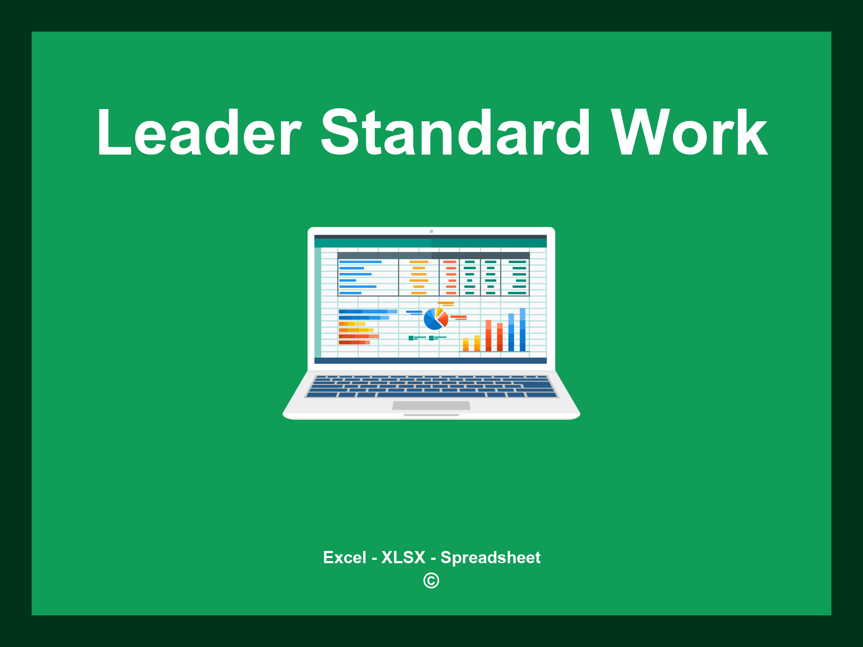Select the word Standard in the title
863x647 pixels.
tap(456, 133)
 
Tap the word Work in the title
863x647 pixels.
tap(689, 133)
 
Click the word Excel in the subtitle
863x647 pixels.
tap(344, 557)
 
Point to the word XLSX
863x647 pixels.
tap(403, 557)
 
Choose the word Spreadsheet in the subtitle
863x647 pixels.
tap(490, 557)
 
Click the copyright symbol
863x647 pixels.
tap(431, 580)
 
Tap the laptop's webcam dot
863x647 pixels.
tap(431, 231)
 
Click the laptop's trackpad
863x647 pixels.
tap(431, 405)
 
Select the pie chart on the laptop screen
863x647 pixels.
tap(435, 319)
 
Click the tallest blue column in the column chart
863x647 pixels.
tap(523, 329)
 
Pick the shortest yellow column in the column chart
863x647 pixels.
tap(466, 344)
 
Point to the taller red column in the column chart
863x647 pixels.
tap(488, 335)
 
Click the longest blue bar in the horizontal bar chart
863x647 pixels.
tap(367, 311)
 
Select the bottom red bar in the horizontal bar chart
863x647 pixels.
tap(354, 342)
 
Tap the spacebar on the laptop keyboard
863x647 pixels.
tap(431, 395)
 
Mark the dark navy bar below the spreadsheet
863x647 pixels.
tap(430, 361)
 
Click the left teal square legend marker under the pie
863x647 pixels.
tap(411, 338)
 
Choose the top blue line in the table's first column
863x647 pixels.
tap(360, 262)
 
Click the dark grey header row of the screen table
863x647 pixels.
tap(433, 255)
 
